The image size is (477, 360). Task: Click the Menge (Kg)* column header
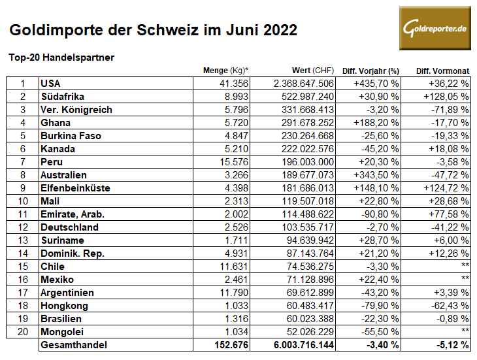(x=226, y=71)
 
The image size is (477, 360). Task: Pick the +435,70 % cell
(x=376, y=83)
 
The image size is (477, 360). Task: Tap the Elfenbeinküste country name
(x=75, y=188)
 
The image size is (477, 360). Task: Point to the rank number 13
(x=22, y=240)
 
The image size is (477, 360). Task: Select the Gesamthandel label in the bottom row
(x=73, y=345)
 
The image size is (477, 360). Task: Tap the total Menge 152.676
(x=232, y=345)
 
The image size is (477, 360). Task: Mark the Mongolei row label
(x=62, y=332)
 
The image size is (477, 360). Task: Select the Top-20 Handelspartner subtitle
(x=61, y=57)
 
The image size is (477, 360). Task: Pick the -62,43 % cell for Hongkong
(x=448, y=306)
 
